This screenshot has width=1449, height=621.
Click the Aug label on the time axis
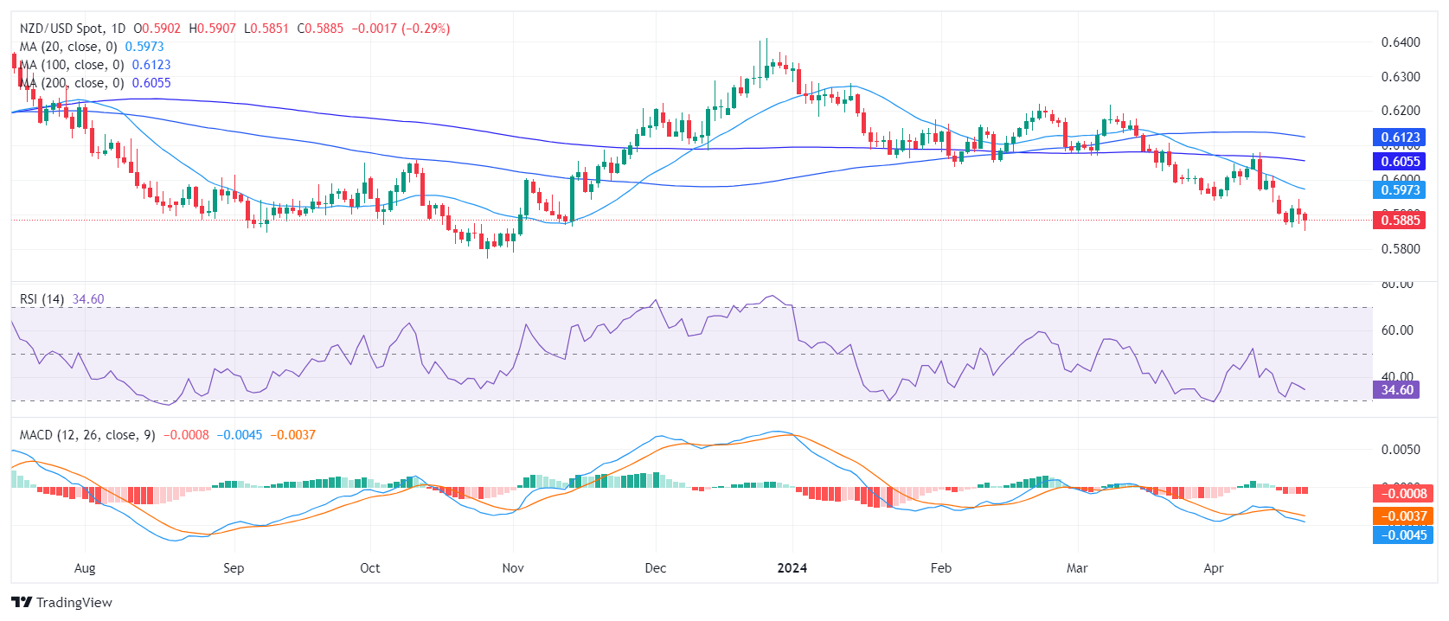85,568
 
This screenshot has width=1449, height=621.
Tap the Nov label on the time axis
513,568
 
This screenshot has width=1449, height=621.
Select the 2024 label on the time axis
792,568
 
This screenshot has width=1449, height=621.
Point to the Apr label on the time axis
1214,568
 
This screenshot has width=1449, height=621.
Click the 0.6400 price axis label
1401,42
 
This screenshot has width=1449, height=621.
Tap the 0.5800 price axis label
1401,249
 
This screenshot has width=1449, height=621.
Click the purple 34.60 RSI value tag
1396,390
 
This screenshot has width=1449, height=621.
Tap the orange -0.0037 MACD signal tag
1401,516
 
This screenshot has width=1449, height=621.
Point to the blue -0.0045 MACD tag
1401,535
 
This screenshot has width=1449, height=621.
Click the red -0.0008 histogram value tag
1401,494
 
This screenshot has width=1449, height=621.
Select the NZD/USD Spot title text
60,29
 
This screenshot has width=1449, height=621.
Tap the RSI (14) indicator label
42,299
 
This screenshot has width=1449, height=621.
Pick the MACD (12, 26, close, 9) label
87,435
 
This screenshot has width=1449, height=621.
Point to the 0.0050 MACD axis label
1401,450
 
